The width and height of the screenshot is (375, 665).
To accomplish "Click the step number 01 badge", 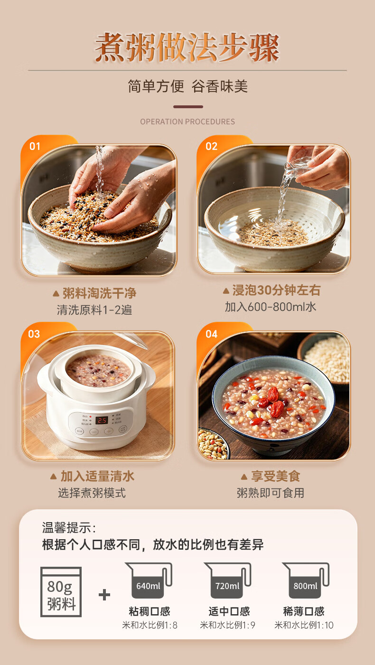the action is tap(35, 146).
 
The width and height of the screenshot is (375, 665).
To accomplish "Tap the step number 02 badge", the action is tap(211, 146).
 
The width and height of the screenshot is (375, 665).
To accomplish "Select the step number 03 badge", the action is tap(34, 334).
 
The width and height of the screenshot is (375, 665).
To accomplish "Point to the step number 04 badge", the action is tap(211, 334).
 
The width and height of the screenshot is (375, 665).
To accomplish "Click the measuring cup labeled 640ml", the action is tap(149, 580).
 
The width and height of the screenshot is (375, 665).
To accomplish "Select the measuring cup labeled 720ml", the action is tap(228, 580).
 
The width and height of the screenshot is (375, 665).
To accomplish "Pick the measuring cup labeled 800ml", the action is tap(306, 580).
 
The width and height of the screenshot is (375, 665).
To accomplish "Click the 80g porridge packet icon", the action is tap(61, 592).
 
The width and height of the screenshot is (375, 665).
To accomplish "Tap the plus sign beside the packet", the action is tap(104, 595).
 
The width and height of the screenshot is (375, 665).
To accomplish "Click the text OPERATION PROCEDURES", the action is tap(187, 122).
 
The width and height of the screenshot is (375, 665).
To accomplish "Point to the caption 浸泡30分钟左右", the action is tap(276, 290).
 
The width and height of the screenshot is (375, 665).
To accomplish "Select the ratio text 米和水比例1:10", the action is tap(304, 625).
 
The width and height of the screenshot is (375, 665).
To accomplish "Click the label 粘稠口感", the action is tap(150, 611).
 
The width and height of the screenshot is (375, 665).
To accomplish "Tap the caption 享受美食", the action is tap(275, 476).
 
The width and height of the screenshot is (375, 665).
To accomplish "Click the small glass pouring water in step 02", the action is tap(297, 166).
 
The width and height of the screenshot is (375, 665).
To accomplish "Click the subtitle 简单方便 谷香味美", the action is tap(187, 86).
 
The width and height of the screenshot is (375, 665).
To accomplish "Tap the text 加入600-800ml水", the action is tap(271, 307).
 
